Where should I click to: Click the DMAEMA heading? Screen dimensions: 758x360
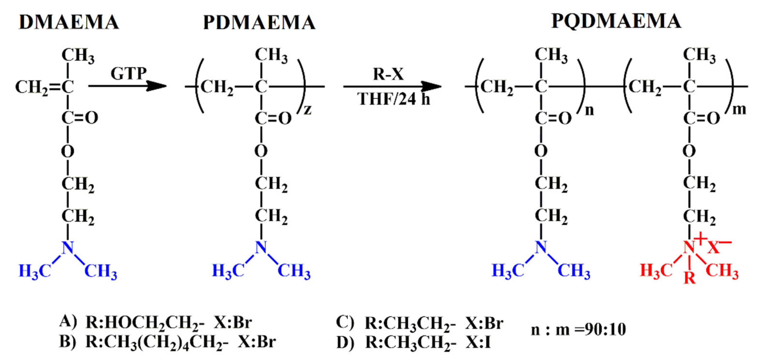[x=69, y=22]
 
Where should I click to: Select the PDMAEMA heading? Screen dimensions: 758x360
[x=259, y=22]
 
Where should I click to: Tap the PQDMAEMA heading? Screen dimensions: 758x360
[x=616, y=21]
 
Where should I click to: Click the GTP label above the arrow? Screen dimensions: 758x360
[x=128, y=73]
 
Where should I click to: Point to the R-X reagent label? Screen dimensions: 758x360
[x=388, y=73]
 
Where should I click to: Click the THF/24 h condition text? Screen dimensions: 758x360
[x=393, y=99]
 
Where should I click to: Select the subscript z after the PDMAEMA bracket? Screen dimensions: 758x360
[x=308, y=110]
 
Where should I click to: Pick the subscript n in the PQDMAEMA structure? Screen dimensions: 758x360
[x=589, y=110]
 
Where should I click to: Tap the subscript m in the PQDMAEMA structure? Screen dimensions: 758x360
[x=739, y=109]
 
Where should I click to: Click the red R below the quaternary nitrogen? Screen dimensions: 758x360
[x=689, y=277]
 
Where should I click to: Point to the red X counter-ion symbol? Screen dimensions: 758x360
[x=713, y=247]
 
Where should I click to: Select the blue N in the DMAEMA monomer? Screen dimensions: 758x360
[x=68, y=247]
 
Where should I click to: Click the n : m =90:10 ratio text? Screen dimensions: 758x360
[x=578, y=330]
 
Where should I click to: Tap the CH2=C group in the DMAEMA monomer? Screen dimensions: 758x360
[x=44, y=87]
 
